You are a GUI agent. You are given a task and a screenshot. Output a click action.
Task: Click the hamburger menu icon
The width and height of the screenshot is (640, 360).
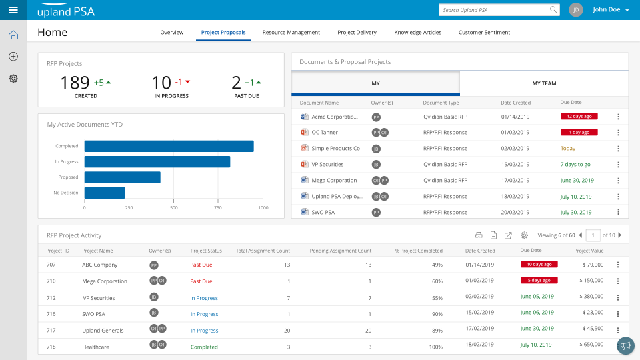tap(13, 10)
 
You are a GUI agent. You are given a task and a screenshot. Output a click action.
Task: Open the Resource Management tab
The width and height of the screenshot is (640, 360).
tap(291, 32)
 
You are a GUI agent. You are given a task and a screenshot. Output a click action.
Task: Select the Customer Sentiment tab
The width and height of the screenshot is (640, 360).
tap(484, 32)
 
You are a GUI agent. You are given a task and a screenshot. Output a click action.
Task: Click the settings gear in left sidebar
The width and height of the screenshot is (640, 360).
tap(13, 79)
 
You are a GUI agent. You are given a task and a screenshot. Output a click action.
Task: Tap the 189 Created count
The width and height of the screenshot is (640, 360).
tap(75, 83)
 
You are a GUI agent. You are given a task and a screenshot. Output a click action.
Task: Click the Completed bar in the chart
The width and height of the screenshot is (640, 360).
tap(169, 146)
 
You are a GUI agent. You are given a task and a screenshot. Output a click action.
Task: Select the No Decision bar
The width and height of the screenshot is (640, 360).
tap(105, 193)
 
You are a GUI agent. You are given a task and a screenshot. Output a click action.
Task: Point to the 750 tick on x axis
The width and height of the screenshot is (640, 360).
tap(218, 207)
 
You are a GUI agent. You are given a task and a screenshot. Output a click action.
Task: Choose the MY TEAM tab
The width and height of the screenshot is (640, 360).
tap(544, 83)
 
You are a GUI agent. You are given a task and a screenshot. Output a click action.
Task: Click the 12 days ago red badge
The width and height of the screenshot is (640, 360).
tap(579, 116)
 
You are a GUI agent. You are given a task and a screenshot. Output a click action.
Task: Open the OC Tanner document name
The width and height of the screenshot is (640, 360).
tap(325, 132)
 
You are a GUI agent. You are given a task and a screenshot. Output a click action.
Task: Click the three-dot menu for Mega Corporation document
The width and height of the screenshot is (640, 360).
tap(618, 181)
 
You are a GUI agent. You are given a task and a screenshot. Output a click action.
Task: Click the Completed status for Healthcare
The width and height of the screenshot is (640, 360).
tap(204, 347)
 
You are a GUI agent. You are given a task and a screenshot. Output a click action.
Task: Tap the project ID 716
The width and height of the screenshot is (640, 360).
tap(51, 314)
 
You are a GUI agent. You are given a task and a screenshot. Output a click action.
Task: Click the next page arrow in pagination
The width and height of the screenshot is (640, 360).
tap(620, 235)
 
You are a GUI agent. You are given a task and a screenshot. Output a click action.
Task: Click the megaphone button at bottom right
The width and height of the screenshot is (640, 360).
tap(625, 345)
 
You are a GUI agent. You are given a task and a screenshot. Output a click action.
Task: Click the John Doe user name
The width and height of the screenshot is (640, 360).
tap(606, 10)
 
